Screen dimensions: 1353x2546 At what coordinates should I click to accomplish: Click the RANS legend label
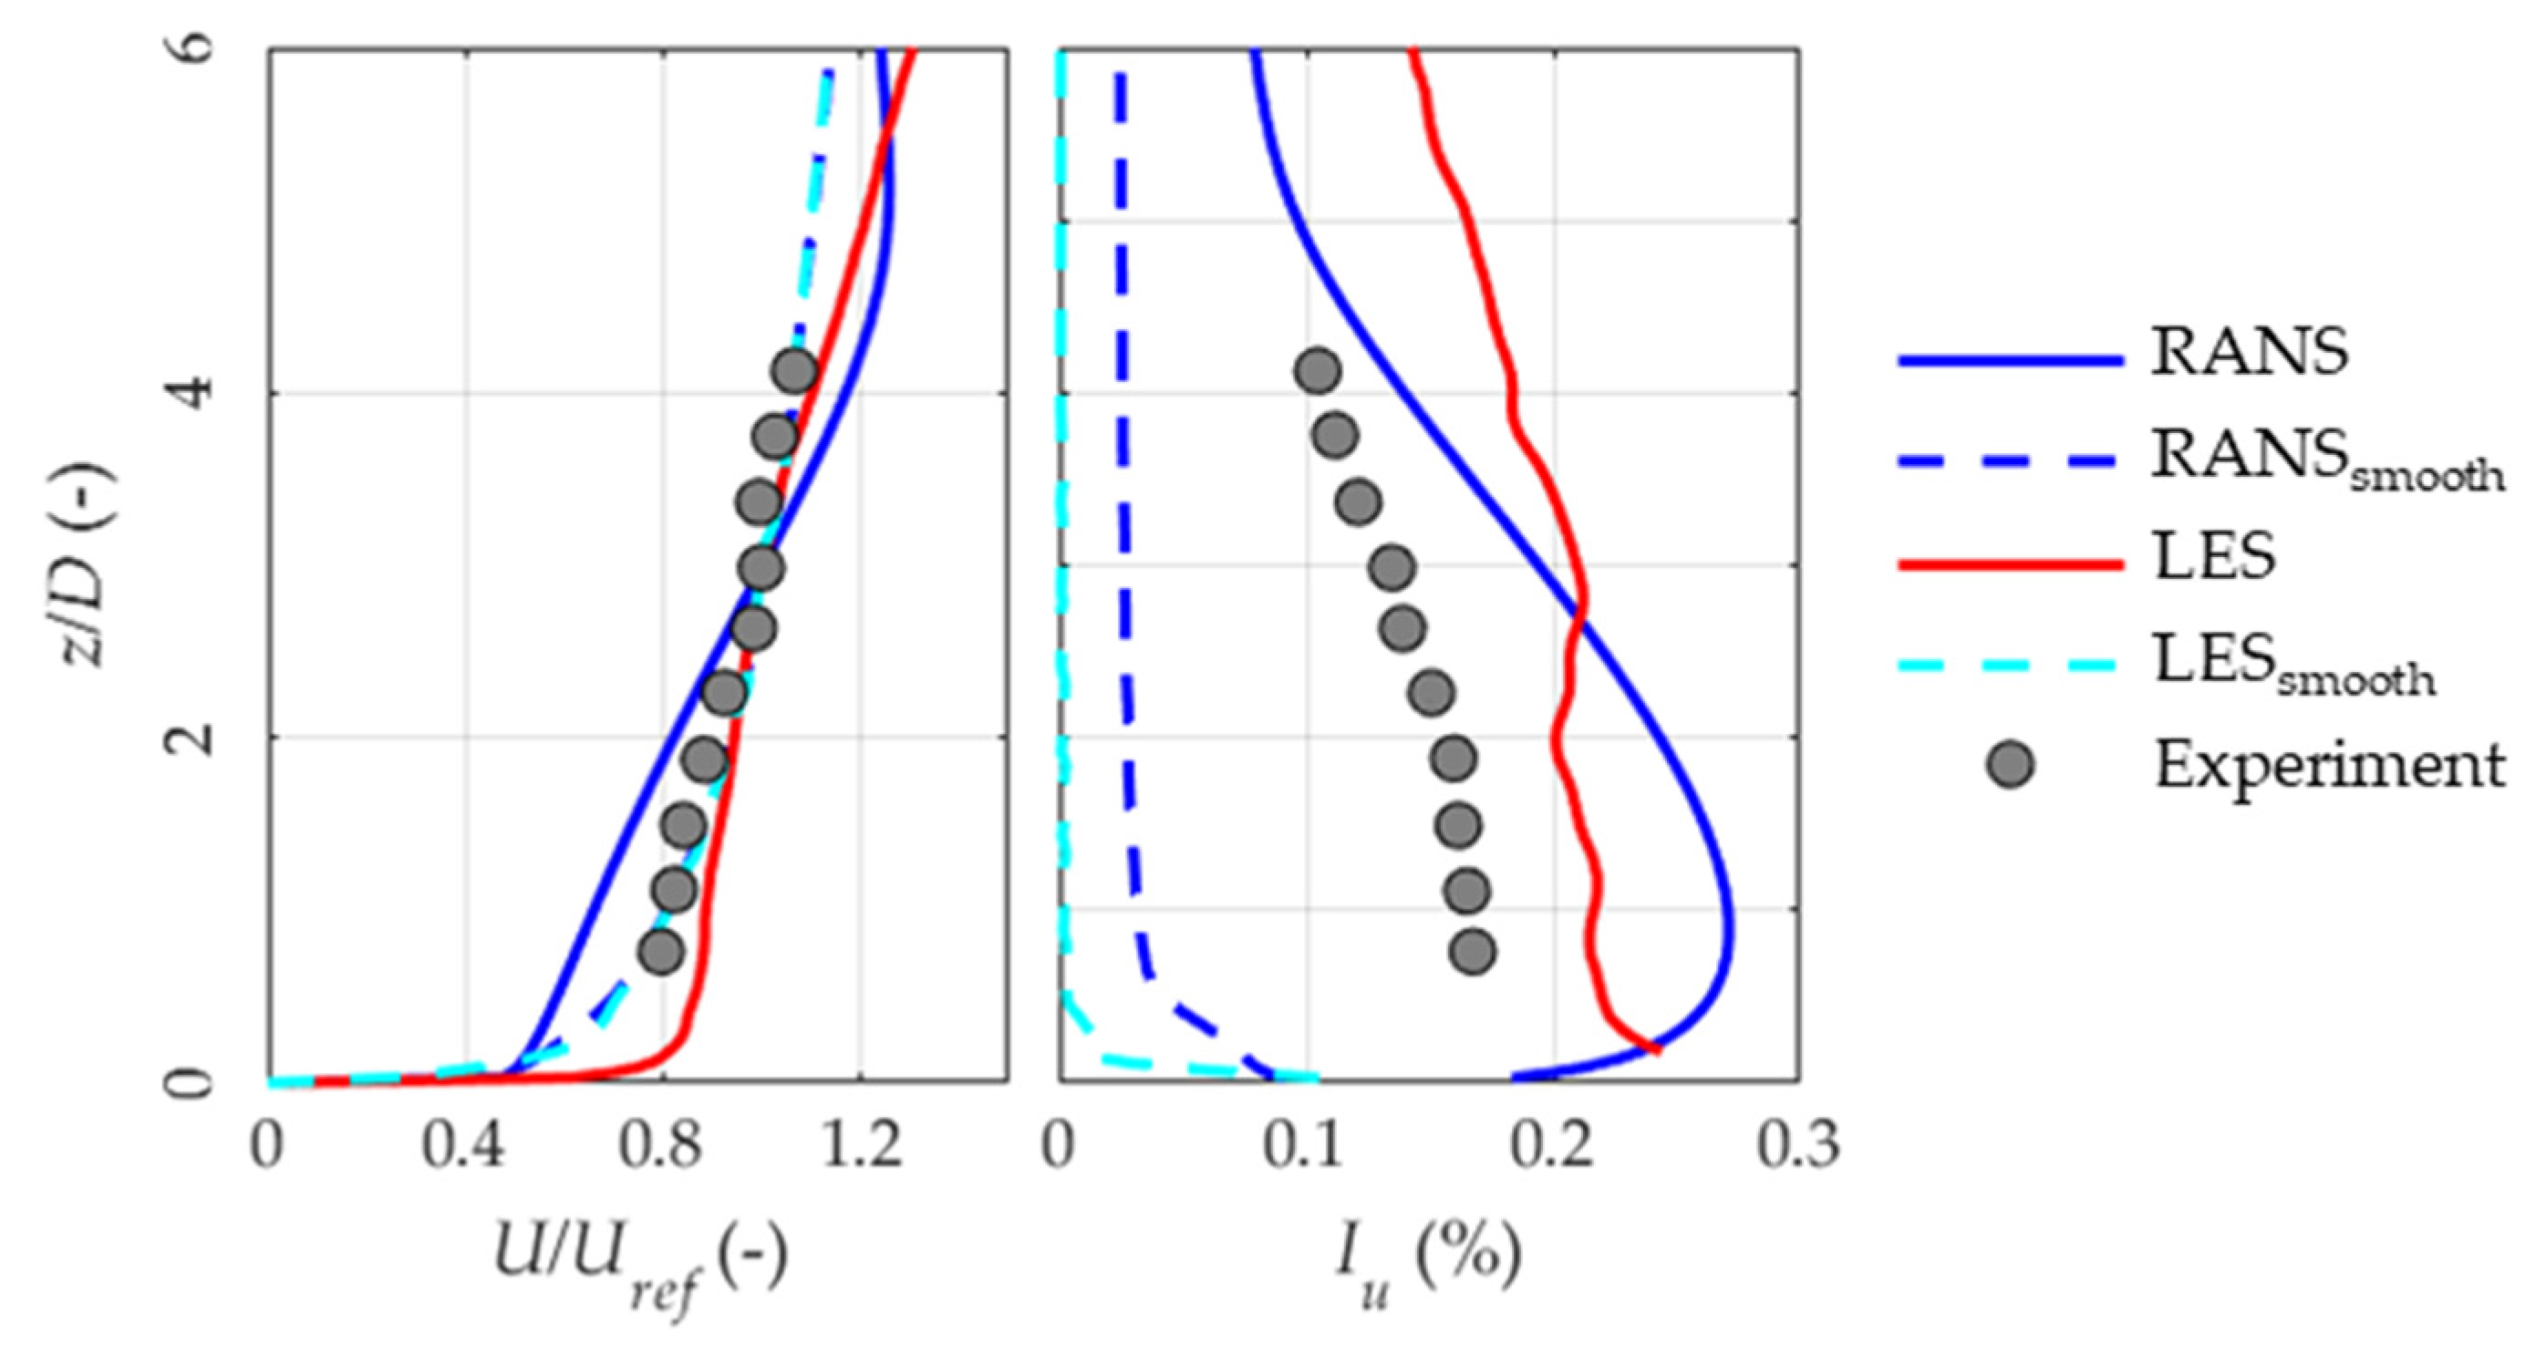point(2250,351)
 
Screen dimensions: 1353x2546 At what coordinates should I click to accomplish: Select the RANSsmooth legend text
point(2327,461)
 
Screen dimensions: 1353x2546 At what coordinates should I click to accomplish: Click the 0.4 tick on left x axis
point(464,1146)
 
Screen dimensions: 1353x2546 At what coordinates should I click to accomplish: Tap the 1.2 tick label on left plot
point(860,1146)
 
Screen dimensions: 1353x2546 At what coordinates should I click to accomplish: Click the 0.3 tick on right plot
point(1796,1146)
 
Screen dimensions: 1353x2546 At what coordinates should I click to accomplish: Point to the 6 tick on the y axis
point(196,47)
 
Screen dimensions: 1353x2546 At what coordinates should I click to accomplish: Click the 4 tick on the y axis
point(196,393)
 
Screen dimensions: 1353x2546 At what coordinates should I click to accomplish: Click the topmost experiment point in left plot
point(794,372)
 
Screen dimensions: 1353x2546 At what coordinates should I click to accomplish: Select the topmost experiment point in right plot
point(1317,372)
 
